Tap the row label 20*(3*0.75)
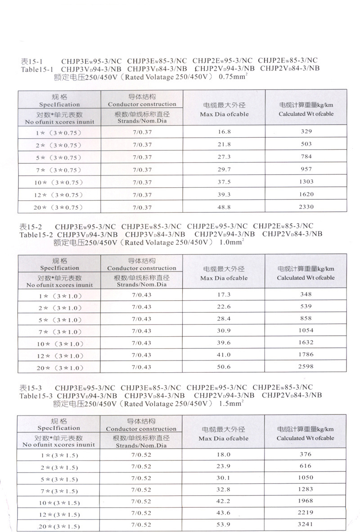tap(59, 207)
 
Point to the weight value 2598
tap(306, 367)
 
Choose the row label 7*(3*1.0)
tap(59, 332)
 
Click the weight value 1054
tap(306, 331)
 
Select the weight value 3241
tap(306, 524)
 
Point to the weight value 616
tap(306, 466)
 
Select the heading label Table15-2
tap(37, 234)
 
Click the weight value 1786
tap(306, 355)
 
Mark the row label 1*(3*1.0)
tap(59, 295)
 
